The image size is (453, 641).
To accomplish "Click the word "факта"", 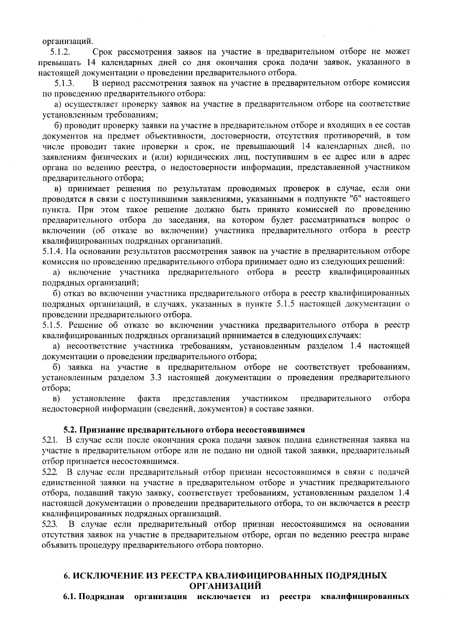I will (149, 399).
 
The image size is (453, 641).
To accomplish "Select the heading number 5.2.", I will (70, 429).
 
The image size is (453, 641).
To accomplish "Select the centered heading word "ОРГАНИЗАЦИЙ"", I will (225, 586).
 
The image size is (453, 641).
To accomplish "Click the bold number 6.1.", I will (70, 597).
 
